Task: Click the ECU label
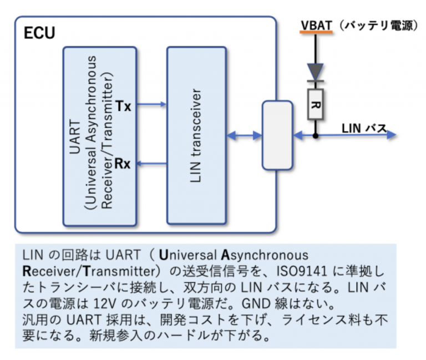coord(39,33)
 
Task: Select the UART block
coord(99,136)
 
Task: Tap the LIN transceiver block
coord(196,136)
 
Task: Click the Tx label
coord(124,105)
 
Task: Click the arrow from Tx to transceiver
coord(151,104)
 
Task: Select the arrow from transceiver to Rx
coord(151,163)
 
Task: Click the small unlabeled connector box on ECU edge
coord(277,135)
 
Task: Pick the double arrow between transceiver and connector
coord(244,135)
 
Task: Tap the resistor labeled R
coord(315,103)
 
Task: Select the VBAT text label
coord(316,25)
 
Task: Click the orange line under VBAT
coord(316,33)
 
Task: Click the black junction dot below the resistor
coord(315,135)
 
